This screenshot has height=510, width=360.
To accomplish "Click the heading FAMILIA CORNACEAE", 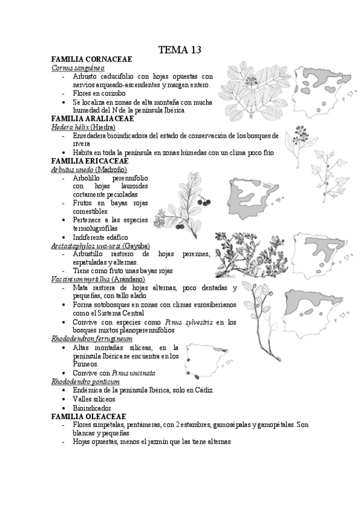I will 92,60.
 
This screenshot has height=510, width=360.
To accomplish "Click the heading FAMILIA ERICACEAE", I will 90,161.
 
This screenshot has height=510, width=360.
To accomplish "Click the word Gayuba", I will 136,245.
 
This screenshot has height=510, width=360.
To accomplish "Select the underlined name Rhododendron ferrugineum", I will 92,339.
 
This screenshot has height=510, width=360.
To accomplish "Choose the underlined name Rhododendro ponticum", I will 85,381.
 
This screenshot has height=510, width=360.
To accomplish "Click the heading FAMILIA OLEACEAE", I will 89,416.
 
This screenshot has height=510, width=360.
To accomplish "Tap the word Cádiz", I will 202,390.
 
